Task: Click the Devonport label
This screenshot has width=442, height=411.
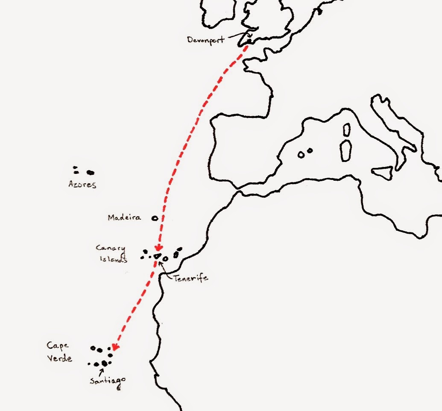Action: pos(206,40)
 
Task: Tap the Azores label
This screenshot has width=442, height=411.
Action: pos(82,185)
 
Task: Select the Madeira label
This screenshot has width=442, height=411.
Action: pos(124,217)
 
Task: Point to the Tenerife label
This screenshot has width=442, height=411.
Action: pos(190,278)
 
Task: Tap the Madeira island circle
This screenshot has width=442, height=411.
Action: pos(155,218)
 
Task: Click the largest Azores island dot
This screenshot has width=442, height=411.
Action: pos(90,173)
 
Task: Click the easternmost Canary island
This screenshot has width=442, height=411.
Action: pos(179,250)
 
